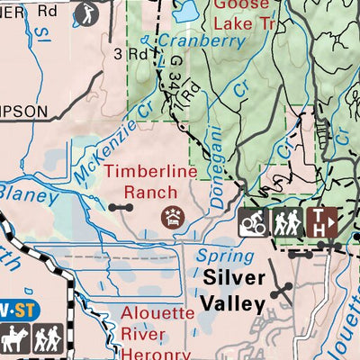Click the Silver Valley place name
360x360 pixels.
pyautogui.click(x=235, y=291)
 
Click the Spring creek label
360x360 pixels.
pyautogui.click(x=224, y=255)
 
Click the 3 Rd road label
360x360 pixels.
pyautogui.click(x=130, y=53)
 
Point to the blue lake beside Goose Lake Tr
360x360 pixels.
pyautogui.click(x=187, y=11)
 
